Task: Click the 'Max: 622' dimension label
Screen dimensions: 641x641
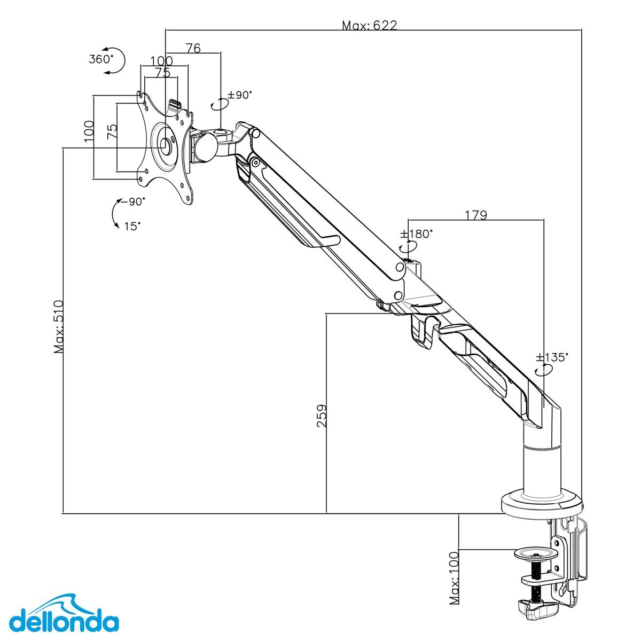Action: pyautogui.click(x=370, y=25)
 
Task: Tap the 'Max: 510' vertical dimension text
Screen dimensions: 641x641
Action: pyautogui.click(x=59, y=326)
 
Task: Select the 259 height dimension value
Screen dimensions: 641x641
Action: pyautogui.click(x=322, y=415)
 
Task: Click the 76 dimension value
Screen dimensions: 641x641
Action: pyautogui.click(x=193, y=48)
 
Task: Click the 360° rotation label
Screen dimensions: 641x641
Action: pyautogui.click(x=101, y=59)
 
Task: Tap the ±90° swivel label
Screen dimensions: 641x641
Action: pyautogui.click(x=239, y=95)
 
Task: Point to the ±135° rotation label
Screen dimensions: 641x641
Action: pyautogui.click(x=552, y=357)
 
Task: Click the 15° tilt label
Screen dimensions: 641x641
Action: pyautogui.click(x=132, y=226)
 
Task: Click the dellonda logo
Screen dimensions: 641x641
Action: pyautogui.click(x=64, y=622)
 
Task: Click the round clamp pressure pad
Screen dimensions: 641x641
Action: pyautogui.click(x=536, y=553)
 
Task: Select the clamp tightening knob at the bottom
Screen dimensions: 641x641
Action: pyautogui.click(x=537, y=607)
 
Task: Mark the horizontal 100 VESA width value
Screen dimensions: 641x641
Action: pyautogui.click(x=161, y=61)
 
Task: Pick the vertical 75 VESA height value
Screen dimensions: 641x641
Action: pyautogui.click(x=112, y=131)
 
